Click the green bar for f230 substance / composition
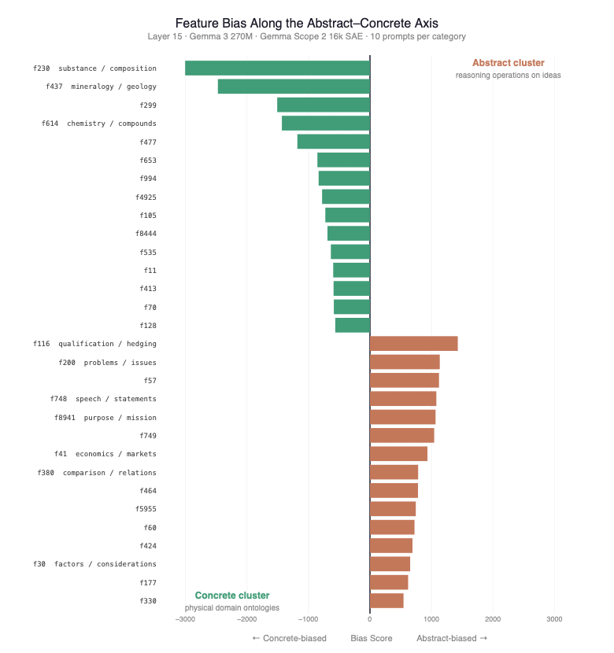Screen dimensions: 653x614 277,68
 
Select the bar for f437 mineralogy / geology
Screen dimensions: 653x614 294,87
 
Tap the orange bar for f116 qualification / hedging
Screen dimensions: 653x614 413,344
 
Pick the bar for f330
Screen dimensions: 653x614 387,601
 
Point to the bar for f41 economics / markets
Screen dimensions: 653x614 398,454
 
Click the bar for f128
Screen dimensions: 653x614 352,326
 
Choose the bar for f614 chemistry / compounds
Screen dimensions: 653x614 325,124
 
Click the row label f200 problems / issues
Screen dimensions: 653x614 107,363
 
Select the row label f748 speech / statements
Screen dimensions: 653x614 103,399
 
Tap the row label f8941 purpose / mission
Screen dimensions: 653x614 105,418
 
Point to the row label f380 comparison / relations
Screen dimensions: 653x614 97,473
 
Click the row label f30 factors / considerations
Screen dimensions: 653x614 94,564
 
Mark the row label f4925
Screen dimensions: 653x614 146,197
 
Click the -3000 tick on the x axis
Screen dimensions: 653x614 185,619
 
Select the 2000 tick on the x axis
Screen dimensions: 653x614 493,619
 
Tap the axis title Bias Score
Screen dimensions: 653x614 372,638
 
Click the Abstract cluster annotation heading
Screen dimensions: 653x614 508,63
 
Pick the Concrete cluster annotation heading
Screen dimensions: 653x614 232,596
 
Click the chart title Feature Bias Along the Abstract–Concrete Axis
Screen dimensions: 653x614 306,24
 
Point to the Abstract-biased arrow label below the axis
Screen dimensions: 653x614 452,638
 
